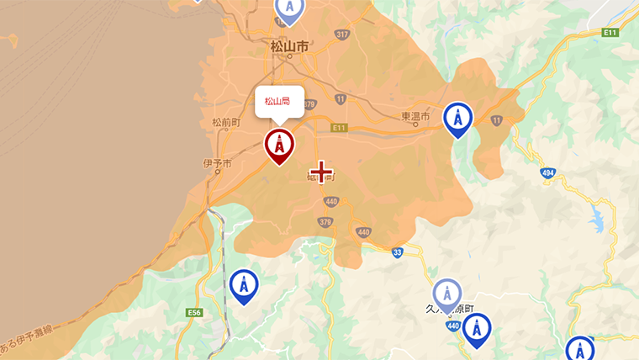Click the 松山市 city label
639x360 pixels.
pos(289,46)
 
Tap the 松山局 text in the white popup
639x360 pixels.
pos(277,101)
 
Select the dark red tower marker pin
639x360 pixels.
pos(279,145)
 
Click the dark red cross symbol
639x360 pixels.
pos(321,172)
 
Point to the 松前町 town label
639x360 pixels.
pos(226,122)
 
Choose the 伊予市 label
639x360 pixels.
pos(217,162)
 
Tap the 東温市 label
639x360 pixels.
pos(415,116)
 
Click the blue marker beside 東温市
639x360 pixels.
pos(457,119)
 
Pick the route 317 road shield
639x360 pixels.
pos(341,34)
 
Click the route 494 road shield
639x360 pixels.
pos(548,172)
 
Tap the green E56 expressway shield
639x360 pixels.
pos(195,313)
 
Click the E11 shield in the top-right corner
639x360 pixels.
pos(611,32)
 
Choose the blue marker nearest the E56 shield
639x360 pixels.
pos(244,286)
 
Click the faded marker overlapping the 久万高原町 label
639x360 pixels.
pos(447,294)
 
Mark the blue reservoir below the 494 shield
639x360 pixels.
pos(598,220)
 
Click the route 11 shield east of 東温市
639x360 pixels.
pos(497,121)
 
